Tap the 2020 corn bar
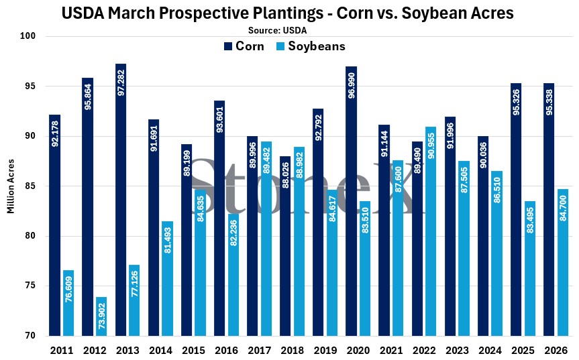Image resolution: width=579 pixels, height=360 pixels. coord(352,201)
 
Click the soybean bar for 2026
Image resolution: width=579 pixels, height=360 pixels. coord(562,262)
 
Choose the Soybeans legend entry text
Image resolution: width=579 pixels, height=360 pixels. coord(317,46)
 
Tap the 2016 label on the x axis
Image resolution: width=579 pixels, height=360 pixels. coord(226,350)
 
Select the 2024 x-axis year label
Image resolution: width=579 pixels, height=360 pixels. coord(490,350)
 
